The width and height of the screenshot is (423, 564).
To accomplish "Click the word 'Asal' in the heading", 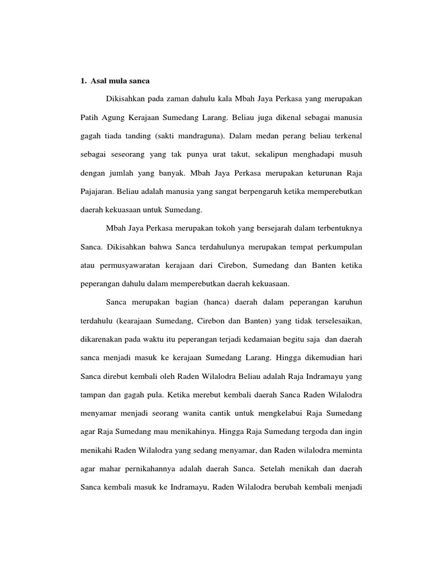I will tap(99, 80).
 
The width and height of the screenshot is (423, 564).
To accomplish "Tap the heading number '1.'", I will tap(77, 80).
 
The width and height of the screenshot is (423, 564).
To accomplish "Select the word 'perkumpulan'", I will tap(337, 246).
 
